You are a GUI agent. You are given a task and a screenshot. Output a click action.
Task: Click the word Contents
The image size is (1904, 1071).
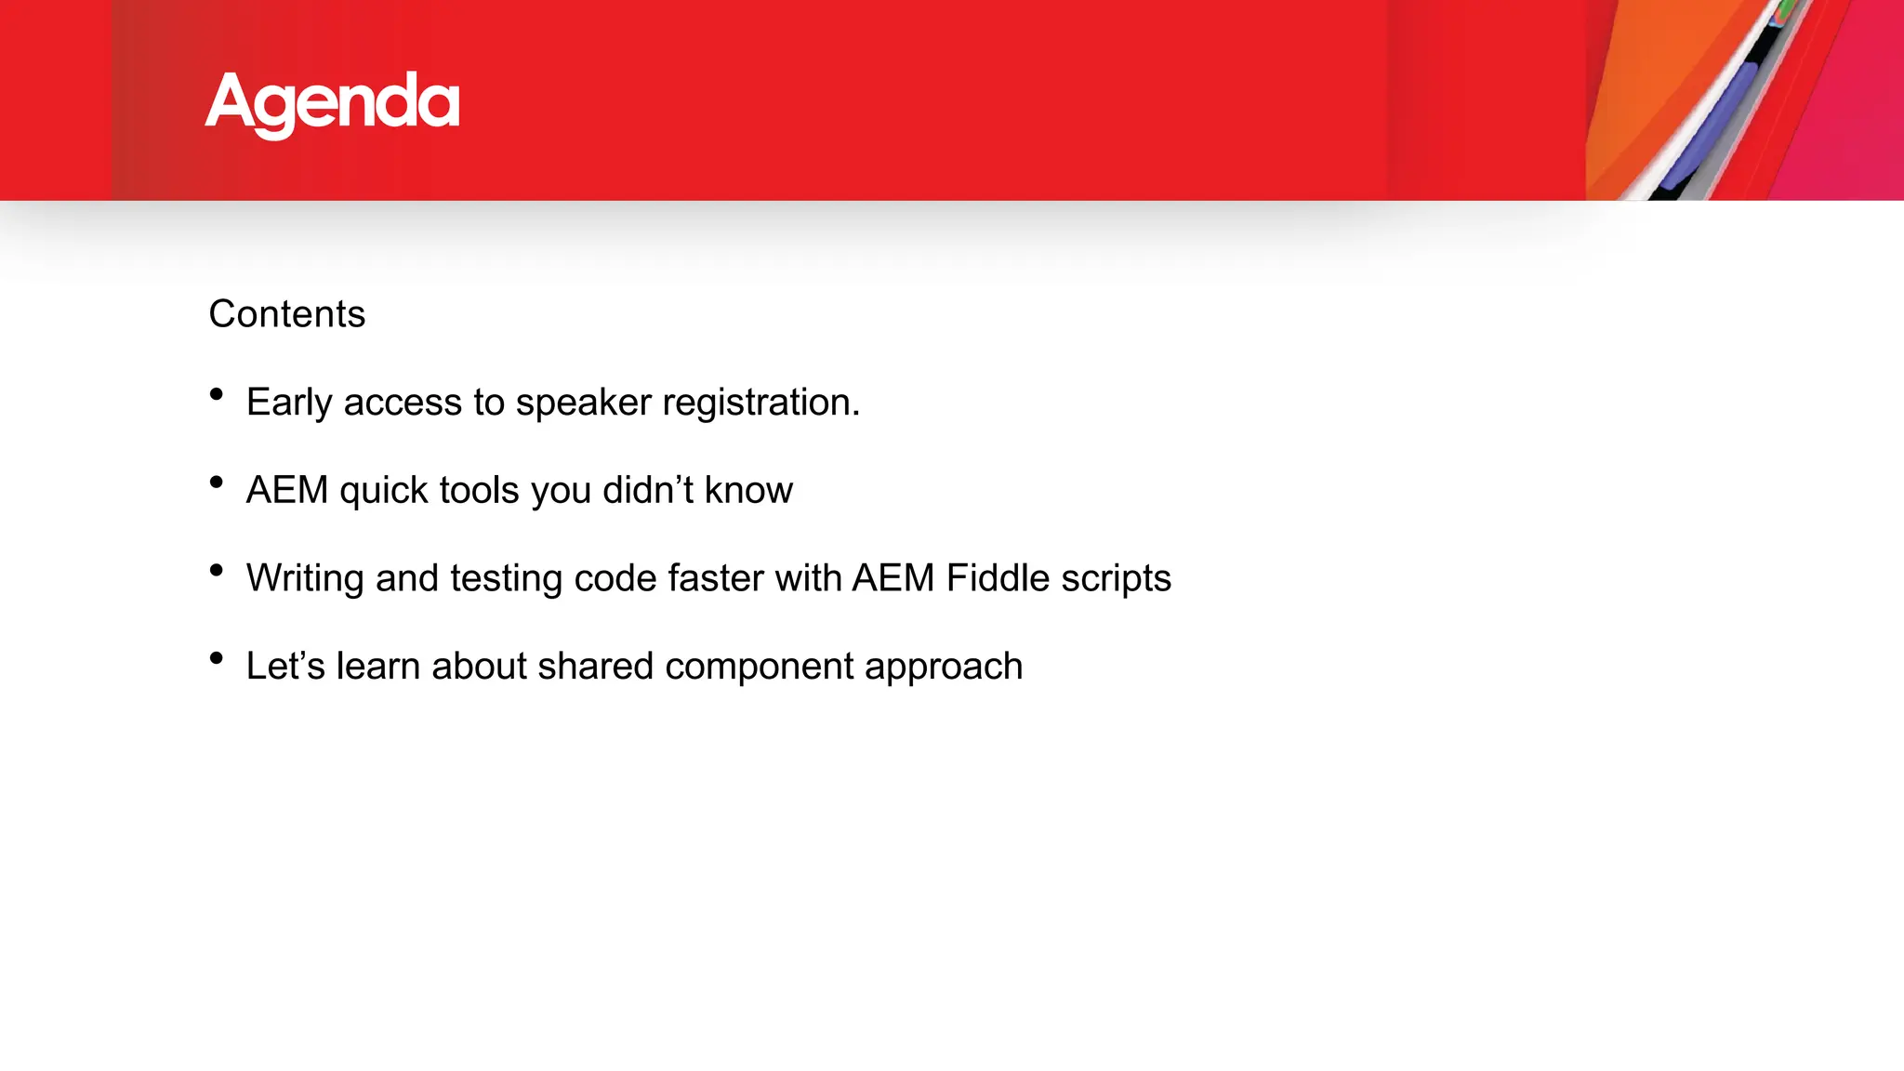(286, 314)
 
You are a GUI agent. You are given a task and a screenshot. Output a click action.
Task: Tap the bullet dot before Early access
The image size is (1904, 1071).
(217, 394)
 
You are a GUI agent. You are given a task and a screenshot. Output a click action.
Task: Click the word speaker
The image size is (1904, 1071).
(583, 403)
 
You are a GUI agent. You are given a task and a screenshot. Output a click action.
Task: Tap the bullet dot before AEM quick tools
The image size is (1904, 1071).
(217, 482)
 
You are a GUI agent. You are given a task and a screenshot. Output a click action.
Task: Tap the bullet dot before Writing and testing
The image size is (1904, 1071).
(217, 570)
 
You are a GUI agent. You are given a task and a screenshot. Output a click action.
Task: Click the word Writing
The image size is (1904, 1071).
(305, 578)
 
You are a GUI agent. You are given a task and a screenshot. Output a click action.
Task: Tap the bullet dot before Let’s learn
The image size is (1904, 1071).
(217, 657)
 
